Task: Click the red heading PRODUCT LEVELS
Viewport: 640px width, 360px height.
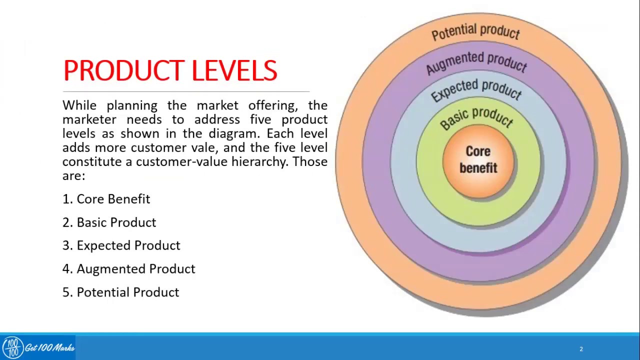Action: [170, 70]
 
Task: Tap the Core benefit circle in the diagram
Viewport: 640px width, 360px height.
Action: [478, 160]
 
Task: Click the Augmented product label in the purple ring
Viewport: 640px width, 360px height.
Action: [476, 62]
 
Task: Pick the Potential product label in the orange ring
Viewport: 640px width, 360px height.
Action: [475, 32]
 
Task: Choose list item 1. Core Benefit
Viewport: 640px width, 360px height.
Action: [106, 199]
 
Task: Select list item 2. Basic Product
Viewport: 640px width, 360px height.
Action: [109, 222]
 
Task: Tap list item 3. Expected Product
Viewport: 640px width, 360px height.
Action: [121, 245]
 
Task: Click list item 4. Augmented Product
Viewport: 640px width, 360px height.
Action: [128, 269]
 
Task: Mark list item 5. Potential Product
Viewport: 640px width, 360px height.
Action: [120, 292]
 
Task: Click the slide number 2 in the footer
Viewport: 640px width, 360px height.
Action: [581, 349]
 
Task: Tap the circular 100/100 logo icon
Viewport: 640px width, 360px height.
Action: [12, 347]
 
